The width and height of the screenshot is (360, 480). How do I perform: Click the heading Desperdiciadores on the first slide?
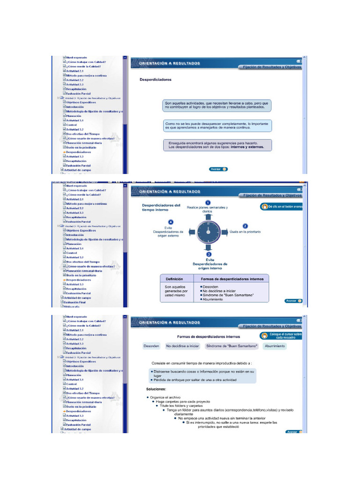[155, 80]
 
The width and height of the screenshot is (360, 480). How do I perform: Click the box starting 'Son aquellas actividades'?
[217, 105]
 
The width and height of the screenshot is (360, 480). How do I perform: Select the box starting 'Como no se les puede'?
[217, 126]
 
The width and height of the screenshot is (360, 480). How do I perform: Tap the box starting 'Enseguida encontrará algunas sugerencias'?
[217, 145]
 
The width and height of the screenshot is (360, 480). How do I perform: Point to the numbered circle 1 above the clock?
[208, 202]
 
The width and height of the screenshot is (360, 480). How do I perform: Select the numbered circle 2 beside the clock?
[245, 226]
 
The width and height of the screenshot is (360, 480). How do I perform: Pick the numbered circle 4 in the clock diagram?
[171, 222]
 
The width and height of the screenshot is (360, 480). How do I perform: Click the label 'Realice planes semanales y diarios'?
[208, 210]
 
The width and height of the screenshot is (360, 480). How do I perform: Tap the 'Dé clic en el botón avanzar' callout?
[280, 206]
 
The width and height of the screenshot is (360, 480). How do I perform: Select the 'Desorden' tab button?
[151, 346]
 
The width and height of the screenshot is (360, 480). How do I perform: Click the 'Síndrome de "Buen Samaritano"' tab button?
[232, 346]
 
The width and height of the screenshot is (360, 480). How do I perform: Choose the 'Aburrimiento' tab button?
[274, 346]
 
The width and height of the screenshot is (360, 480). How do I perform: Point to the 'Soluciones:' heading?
[156, 389]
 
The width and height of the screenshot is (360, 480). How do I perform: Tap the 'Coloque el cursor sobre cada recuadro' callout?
[280, 336]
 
